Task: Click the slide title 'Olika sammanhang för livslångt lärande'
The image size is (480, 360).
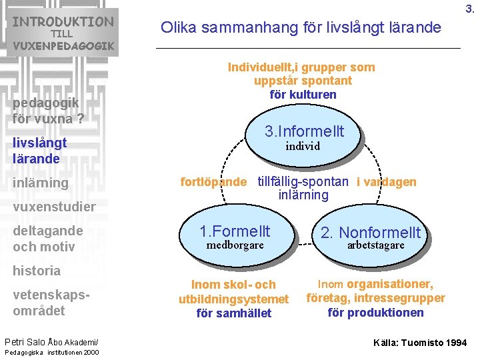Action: pyautogui.click(x=301, y=27)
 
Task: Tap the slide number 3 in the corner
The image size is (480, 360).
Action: pyautogui.click(x=469, y=9)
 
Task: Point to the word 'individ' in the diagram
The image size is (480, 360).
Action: pyautogui.click(x=303, y=146)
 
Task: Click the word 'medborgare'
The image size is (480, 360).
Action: pyautogui.click(x=235, y=245)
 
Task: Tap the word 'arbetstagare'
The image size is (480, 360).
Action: pyautogui.click(x=375, y=245)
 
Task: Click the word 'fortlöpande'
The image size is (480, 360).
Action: pyautogui.click(x=213, y=182)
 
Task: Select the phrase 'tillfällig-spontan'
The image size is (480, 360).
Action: pyautogui.click(x=303, y=182)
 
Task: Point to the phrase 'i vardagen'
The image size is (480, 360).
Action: pyautogui.click(x=386, y=182)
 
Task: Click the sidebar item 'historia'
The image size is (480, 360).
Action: pyautogui.click(x=37, y=271)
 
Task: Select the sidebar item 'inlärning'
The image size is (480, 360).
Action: pyautogui.click(x=40, y=183)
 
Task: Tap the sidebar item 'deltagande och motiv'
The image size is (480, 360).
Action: pyautogui.click(x=47, y=239)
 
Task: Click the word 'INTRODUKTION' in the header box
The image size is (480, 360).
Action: pyautogui.click(x=63, y=21)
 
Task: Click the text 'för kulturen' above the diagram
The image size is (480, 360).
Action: pyautogui.click(x=303, y=94)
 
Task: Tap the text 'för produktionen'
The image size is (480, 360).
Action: pyautogui.click(x=375, y=313)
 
